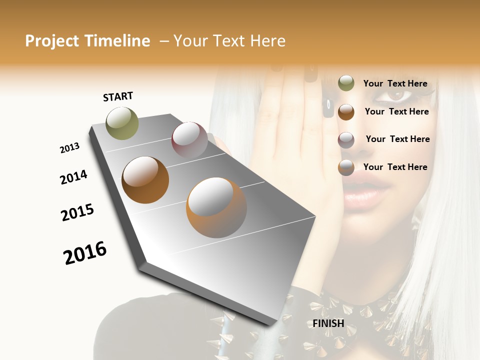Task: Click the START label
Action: (x=118, y=96)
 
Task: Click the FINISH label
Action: (x=328, y=323)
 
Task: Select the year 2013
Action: (x=69, y=148)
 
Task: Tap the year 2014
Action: (x=73, y=177)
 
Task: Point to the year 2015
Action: (x=77, y=212)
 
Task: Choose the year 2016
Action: (x=85, y=252)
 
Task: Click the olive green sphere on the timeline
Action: (x=122, y=123)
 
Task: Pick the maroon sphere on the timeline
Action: (x=189, y=139)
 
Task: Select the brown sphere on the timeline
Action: (x=145, y=180)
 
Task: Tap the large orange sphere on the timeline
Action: (x=216, y=207)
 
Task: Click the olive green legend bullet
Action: (x=346, y=83)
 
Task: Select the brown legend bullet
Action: (x=346, y=111)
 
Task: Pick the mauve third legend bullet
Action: (x=346, y=139)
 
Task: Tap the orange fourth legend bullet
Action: (x=346, y=167)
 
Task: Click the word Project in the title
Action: (x=52, y=41)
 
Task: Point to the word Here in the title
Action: (x=267, y=41)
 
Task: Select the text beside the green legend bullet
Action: (x=395, y=83)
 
